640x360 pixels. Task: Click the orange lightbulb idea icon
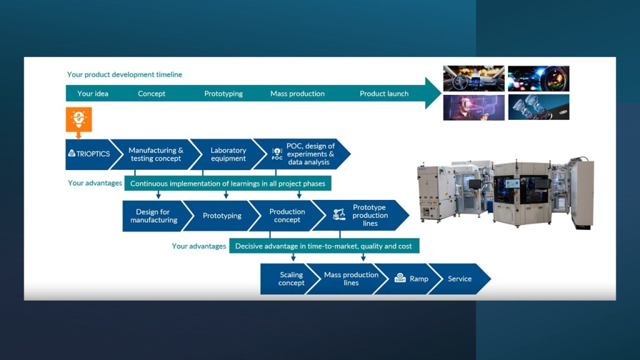coord(79,119)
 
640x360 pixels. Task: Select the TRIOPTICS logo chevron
coord(89,154)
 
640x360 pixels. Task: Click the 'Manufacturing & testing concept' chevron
coord(156,154)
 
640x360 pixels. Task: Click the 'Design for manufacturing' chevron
coord(154,216)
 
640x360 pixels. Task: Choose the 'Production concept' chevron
coord(287,216)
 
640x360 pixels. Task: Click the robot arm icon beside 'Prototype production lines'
coord(339,214)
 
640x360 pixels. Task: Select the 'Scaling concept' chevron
coord(291,279)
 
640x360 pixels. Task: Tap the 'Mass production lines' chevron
coord(351,279)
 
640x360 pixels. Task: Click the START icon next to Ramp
coord(400,278)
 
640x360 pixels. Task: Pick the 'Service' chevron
coord(459,279)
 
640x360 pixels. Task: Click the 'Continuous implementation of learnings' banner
coord(227,184)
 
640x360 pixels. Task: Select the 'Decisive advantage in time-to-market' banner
coord(323,246)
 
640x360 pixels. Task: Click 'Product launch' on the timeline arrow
coord(384,94)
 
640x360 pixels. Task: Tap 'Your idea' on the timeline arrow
coord(93,94)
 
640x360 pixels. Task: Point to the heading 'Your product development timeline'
coord(124,74)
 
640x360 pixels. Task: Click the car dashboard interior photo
coord(473,78)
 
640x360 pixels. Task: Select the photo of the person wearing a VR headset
coord(473,107)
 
